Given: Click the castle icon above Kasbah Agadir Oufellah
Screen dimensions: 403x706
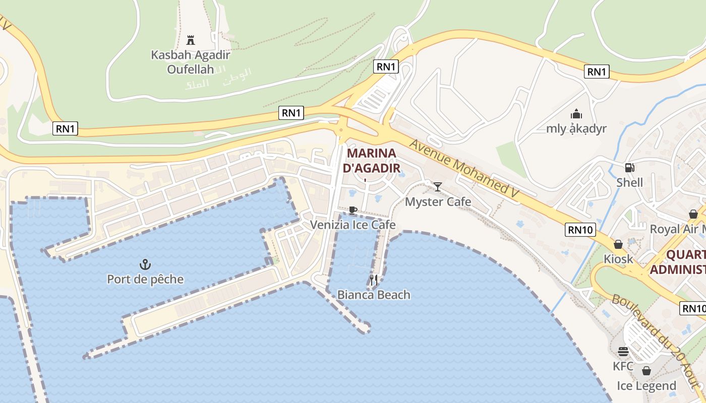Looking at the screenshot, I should click(x=191, y=40).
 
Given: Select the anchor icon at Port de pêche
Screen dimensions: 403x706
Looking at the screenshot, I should click(x=145, y=264).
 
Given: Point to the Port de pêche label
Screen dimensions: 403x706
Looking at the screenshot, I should click(x=145, y=279).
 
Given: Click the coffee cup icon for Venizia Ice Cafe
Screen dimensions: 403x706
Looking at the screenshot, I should click(x=352, y=210).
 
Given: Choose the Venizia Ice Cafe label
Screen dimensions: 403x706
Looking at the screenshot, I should click(x=352, y=225).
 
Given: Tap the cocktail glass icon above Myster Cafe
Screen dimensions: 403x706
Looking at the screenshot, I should click(x=438, y=187).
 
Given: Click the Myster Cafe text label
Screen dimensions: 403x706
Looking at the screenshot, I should click(x=438, y=202).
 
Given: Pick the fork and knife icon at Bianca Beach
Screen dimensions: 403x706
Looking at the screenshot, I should click(x=374, y=280).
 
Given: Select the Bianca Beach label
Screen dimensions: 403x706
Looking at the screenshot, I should click(x=374, y=295).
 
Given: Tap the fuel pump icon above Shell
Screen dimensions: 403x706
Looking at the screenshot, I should click(x=629, y=168).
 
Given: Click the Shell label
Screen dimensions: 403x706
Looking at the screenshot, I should click(x=629, y=182).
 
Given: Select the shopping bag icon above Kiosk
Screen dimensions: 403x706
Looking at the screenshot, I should click(x=618, y=244).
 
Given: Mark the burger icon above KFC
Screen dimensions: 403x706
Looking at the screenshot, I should click(x=623, y=352).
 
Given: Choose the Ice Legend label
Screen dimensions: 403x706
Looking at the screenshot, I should click(x=646, y=386).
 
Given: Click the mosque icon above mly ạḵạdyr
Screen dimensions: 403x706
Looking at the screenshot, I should click(x=576, y=114).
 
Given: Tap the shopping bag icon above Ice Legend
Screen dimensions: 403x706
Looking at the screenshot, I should click(x=646, y=371).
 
